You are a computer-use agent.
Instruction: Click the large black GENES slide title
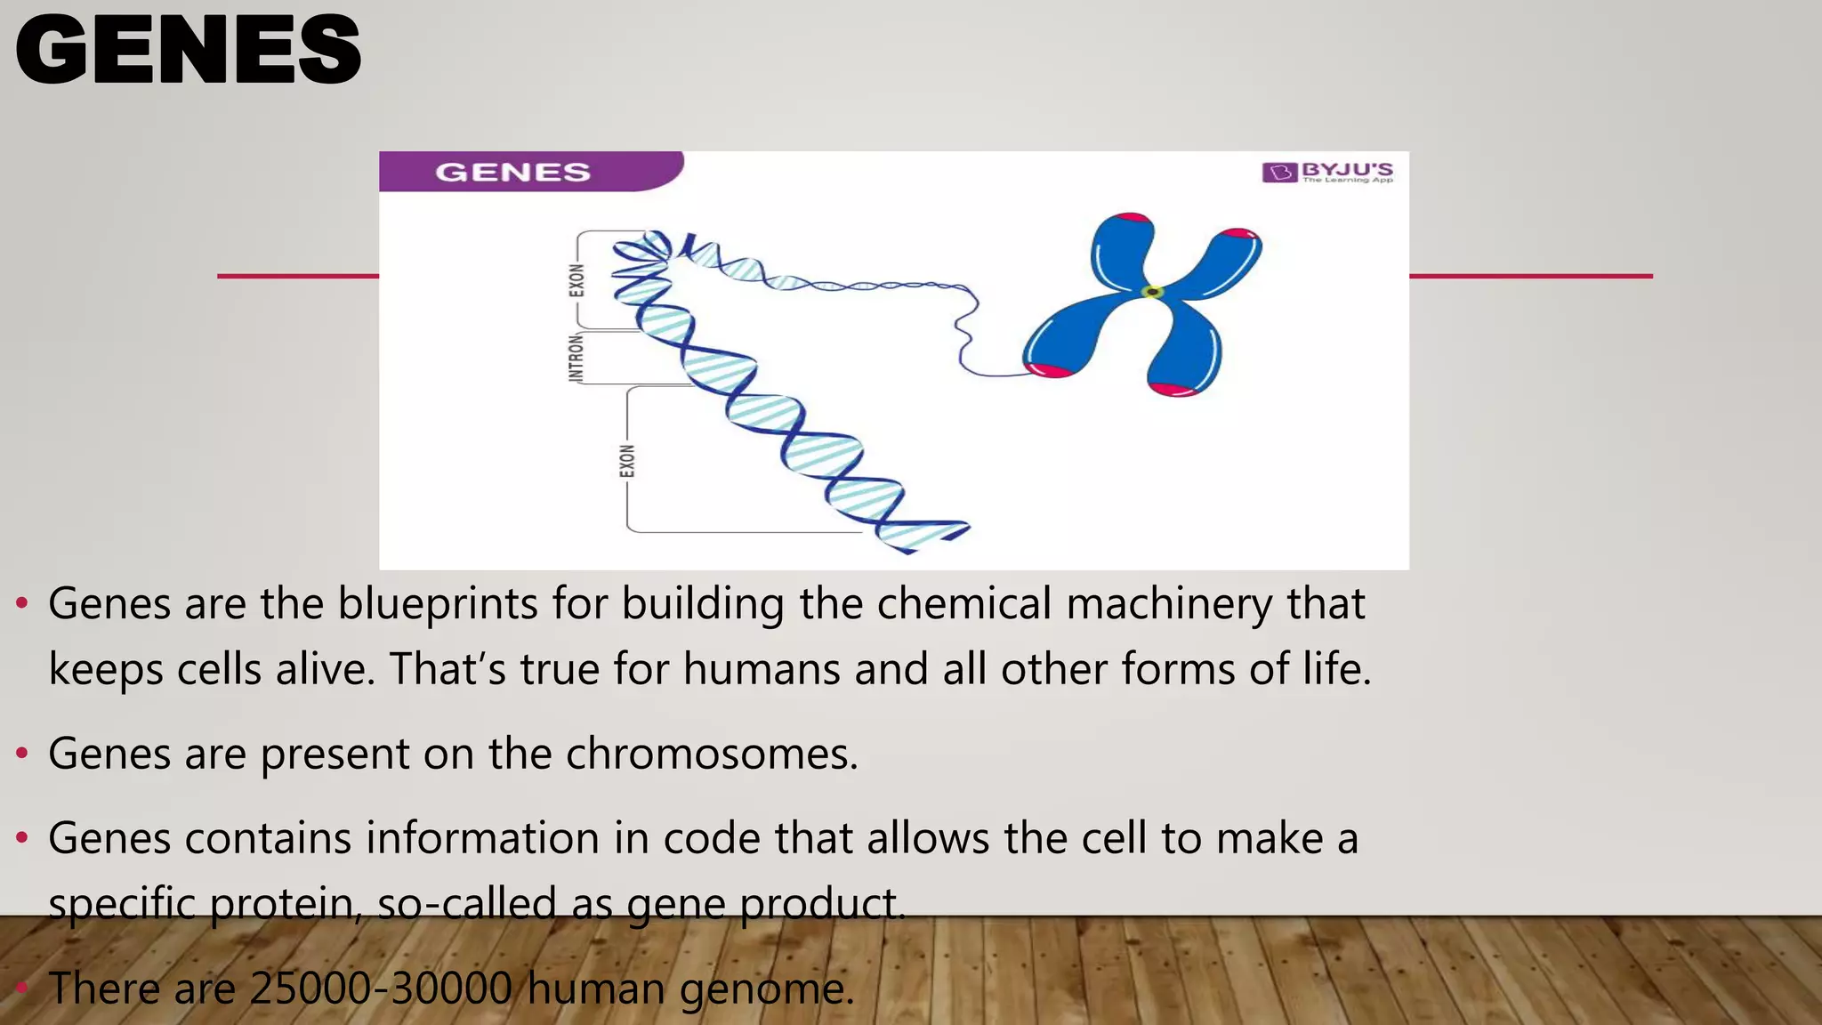pyautogui.click(x=188, y=51)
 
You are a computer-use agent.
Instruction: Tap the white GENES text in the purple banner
pyautogui.click(x=512, y=172)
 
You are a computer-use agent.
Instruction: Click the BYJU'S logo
pyautogui.click(x=1327, y=172)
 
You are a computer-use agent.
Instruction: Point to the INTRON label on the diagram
pyautogui.click(x=576, y=359)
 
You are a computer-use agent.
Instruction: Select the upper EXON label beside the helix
pyautogui.click(x=577, y=280)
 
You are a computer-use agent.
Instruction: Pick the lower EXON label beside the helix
pyautogui.click(x=627, y=461)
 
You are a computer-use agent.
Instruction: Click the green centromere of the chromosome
pyautogui.click(x=1152, y=292)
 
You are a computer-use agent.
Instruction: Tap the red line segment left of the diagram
pyautogui.click(x=298, y=276)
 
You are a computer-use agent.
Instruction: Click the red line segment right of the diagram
pyautogui.click(x=1530, y=276)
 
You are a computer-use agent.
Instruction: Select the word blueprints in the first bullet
pyautogui.click(x=438, y=604)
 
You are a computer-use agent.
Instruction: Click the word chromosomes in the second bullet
pyautogui.click(x=711, y=755)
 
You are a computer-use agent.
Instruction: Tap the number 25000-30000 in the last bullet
pyautogui.click(x=381, y=989)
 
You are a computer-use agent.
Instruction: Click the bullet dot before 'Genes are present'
pyautogui.click(x=22, y=755)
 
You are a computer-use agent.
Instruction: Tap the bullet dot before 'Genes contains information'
pyautogui.click(x=22, y=838)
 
